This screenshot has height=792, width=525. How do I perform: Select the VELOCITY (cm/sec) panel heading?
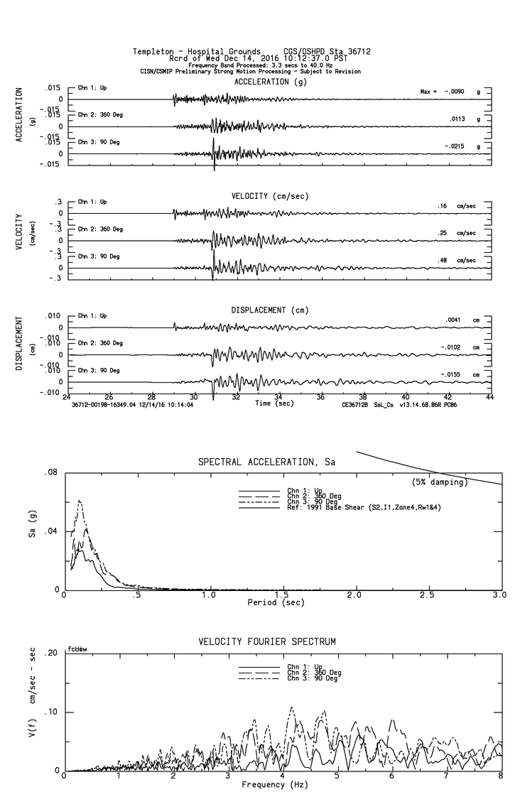tap(271, 195)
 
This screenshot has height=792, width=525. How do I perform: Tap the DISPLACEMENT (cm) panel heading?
tap(269, 310)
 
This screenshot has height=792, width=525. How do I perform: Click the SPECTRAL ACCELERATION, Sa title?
tap(266, 463)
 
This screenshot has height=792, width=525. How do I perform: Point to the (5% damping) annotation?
tap(440, 482)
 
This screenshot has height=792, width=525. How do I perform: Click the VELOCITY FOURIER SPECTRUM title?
tap(267, 642)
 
